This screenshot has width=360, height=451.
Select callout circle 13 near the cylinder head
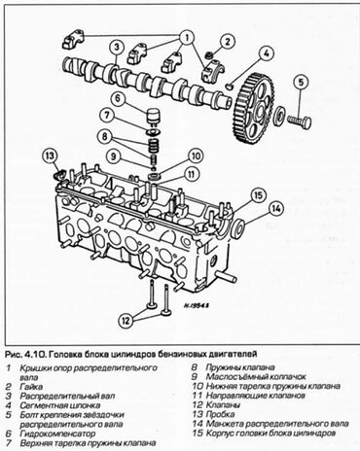49,155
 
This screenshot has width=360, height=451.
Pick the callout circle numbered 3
115,46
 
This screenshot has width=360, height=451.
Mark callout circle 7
115,99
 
